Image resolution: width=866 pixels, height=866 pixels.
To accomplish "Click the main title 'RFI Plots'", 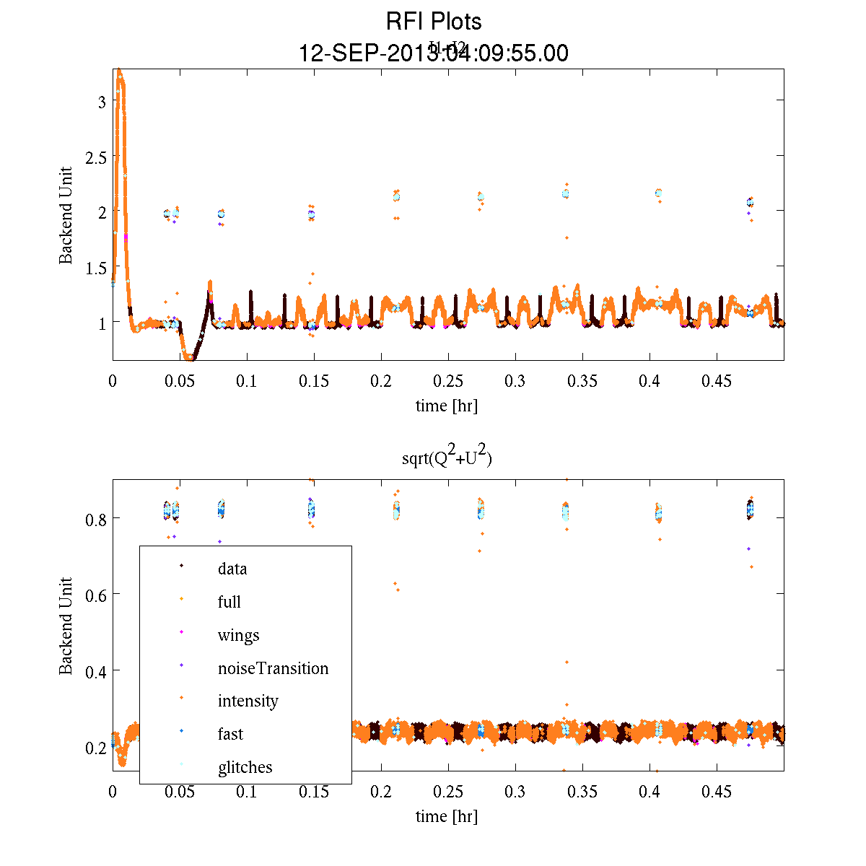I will (433, 22).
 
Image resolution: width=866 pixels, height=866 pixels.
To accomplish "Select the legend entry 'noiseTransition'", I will (273, 668).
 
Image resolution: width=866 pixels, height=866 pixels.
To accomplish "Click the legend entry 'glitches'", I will (245, 767).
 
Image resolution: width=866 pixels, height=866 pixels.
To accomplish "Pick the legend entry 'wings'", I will (238, 635).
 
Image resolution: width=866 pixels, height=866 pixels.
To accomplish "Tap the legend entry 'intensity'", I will (248, 701).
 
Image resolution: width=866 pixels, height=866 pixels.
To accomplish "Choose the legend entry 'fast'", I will (230, 734).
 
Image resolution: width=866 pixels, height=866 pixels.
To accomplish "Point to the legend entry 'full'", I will (229, 602).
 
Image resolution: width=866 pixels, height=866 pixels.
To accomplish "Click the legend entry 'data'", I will (232, 569).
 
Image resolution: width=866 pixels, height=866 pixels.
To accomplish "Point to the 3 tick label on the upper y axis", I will (102, 102).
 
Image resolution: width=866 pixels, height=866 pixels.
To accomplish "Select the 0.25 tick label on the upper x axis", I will (448, 381).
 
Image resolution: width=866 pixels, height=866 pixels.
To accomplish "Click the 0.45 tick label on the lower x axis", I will (717, 792).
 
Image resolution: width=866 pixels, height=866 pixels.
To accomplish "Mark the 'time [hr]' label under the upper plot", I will (446, 406).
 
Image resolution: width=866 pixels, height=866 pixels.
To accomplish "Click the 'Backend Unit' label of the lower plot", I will (66, 626).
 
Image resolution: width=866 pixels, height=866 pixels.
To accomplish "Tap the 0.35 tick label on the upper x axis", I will (582, 381).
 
